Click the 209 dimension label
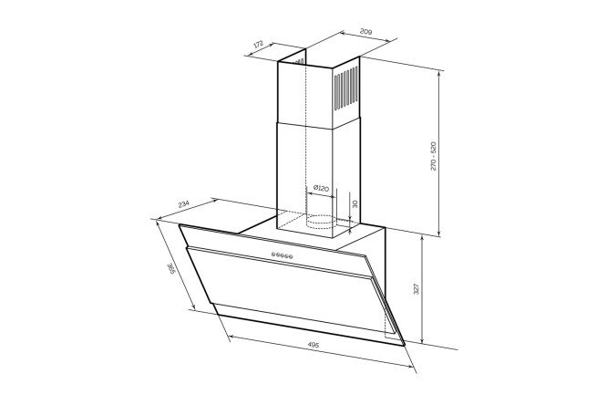pos(365,31)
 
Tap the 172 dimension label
pos(259,44)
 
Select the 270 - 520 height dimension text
pos(433,156)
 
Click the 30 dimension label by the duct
pos(355,203)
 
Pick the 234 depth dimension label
pos(183,204)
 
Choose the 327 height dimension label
pos(417,289)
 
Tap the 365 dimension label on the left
pos(171,269)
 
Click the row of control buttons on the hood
pos(283,255)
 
